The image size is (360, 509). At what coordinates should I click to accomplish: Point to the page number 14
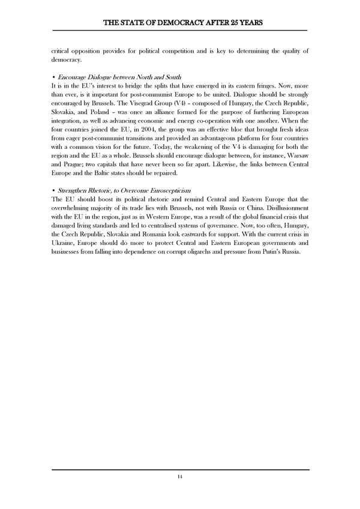180,477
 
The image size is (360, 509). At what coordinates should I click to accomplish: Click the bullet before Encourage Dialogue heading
54,77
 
